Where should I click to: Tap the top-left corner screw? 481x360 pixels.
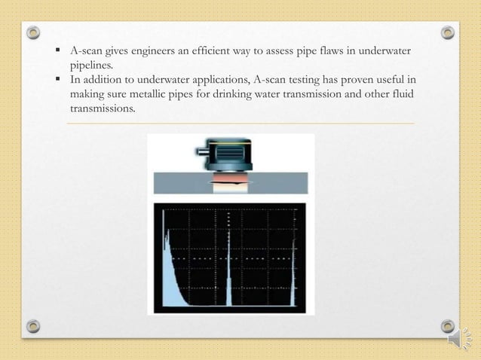(x=33, y=33)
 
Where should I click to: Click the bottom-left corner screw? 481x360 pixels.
(x=33, y=326)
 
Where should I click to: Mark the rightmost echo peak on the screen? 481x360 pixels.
(x=294, y=271)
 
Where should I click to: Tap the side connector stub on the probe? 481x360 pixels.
(x=201, y=151)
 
